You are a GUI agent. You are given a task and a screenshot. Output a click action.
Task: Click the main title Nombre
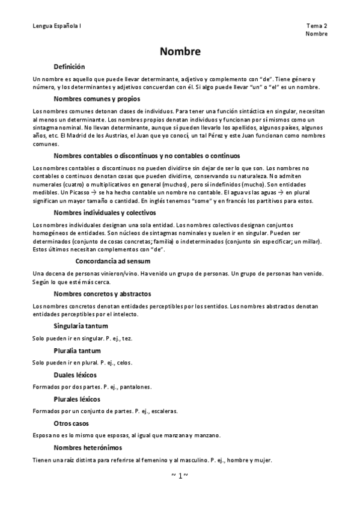coord(180,52)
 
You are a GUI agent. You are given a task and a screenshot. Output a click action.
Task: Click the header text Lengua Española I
coord(58,26)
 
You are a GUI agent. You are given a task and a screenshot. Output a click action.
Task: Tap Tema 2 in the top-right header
coord(317,26)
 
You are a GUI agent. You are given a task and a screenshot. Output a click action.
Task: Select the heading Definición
coord(69,67)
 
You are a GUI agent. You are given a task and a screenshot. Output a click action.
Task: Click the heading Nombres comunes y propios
coord(93,99)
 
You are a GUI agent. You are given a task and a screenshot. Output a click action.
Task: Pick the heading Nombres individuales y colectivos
coord(105,213)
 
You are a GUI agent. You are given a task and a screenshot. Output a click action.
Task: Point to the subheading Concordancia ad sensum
coord(113,262)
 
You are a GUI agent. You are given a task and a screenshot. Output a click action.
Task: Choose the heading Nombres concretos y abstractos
coord(102,294)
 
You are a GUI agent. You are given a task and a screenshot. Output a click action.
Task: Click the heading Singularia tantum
coord(81,326)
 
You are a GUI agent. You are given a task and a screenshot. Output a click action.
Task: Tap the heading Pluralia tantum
coord(77,351)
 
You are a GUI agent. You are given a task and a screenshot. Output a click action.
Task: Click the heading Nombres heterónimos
coord(88,448)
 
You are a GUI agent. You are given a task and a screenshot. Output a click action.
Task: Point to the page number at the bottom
coord(180,476)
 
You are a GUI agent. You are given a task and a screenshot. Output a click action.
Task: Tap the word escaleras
coord(164,411)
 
